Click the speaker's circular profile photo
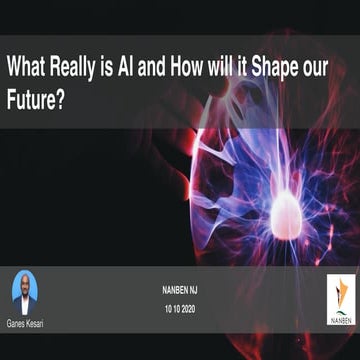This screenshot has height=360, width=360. pyautogui.click(x=26, y=290)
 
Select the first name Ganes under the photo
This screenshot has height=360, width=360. pyautogui.click(x=17, y=323)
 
